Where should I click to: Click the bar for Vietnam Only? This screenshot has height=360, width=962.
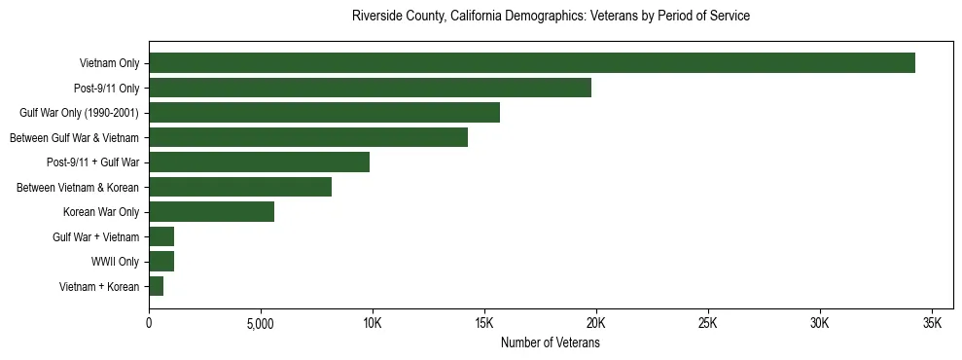click(531, 63)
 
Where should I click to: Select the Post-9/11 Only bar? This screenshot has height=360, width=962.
click(370, 88)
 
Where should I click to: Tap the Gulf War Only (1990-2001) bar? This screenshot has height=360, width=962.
click(324, 113)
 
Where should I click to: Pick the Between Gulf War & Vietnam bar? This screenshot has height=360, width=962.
click(308, 137)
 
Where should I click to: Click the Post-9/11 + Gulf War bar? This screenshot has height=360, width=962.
click(259, 162)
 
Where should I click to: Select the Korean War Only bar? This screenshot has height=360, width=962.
click(211, 212)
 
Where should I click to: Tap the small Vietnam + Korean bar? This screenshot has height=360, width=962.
click(156, 286)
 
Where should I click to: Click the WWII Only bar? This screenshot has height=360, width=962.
click(161, 262)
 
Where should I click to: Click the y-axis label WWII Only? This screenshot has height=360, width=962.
click(116, 262)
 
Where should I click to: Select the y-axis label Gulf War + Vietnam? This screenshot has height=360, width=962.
click(95, 237)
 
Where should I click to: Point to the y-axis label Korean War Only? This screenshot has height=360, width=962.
click(101, 212)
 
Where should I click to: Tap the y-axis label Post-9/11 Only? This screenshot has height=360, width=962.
click(107, 89)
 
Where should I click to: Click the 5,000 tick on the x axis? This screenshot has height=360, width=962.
click(261, 323)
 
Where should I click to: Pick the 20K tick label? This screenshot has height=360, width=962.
click(596, 323)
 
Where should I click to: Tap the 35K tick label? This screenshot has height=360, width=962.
click(932, 323)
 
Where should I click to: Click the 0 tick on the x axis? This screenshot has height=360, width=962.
click(149, 323)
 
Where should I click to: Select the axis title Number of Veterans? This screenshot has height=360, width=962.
click(550, 343)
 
